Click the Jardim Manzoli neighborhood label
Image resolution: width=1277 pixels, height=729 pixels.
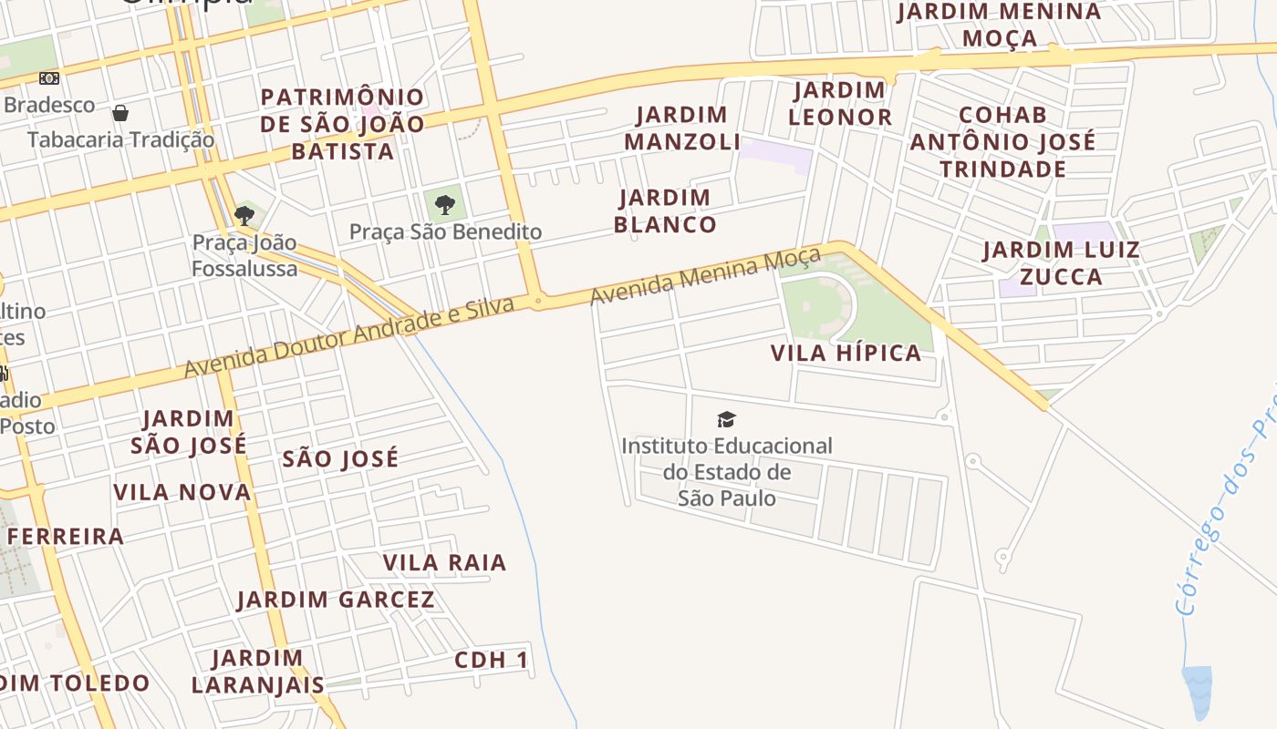point(681,128)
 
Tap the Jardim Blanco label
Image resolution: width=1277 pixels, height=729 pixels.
point(664,211)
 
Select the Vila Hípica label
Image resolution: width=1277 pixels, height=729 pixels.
point(846,354)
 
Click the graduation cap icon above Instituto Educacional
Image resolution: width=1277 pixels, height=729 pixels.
point(726,419)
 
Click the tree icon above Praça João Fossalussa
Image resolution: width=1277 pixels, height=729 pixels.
point(244,216)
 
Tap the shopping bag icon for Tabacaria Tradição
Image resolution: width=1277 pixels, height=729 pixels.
point(120,113)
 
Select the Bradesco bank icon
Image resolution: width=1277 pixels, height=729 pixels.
point(49,79)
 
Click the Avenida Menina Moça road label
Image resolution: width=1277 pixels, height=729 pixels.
point(705,275)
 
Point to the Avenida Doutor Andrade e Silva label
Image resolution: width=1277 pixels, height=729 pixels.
point(349,336)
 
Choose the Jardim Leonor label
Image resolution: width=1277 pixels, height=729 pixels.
point(839,104)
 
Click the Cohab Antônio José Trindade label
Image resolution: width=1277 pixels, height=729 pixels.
point(1002,142)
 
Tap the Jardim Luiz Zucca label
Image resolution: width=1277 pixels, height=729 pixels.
point(1061,263)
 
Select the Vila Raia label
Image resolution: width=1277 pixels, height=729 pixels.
point(444,563)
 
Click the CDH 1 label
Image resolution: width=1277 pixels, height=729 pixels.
point(492,661)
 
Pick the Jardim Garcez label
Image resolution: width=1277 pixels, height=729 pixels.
point(336,600)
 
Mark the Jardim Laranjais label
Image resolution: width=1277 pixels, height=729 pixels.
point(257,671)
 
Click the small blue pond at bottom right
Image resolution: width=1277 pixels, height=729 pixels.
point(1197,690)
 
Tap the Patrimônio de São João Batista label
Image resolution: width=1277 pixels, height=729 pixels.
point(342,124)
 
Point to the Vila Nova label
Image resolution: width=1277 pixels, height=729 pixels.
point(182,493)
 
